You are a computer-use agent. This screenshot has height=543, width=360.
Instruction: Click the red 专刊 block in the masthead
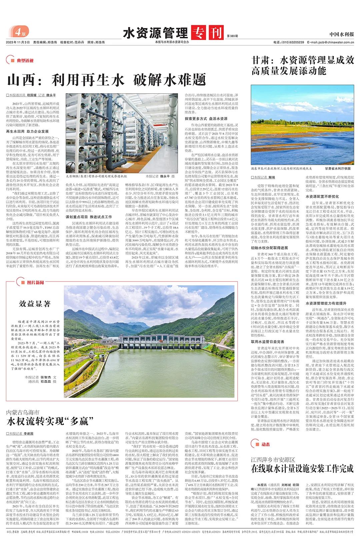click(x=207, y=33)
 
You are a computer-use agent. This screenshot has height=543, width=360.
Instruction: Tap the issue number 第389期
click(x=232, y=36)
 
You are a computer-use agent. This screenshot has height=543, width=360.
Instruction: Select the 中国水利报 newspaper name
click(x=342, y=34)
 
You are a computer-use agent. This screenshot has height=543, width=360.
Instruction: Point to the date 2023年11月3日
click(x=18, y=42)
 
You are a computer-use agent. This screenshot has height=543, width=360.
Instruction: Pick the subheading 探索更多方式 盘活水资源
click(x=206, y=119)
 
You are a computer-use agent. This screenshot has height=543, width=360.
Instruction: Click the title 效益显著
click(x=35, y=303)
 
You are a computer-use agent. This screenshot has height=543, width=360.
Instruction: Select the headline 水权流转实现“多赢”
click(x=50, y=421)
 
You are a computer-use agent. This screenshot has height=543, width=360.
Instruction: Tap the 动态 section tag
click(x=265, y=444)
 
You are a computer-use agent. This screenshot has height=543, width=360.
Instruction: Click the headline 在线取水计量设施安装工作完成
click(x=302, y=468)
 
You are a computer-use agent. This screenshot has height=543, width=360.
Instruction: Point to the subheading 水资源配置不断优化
click(x=322, y=197)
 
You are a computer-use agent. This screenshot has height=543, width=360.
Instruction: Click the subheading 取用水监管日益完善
click(x=268, y=342)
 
